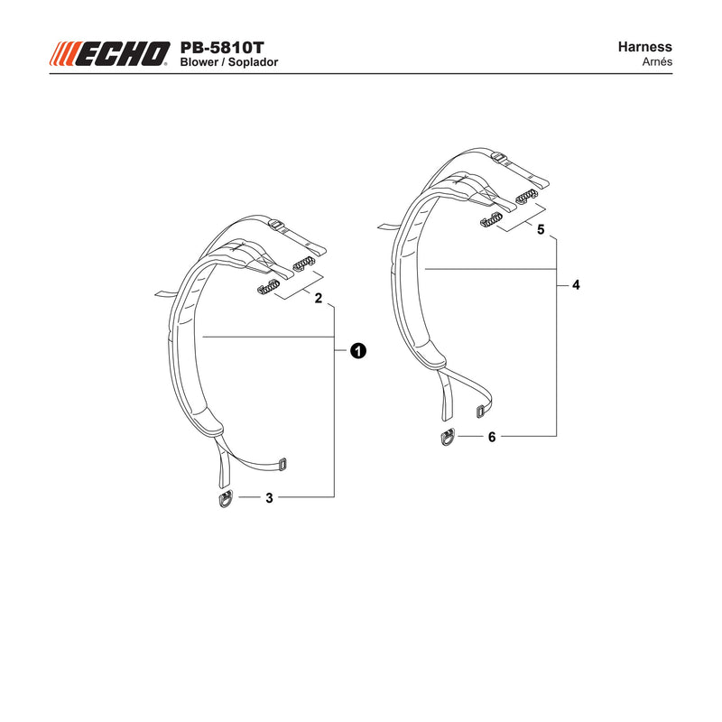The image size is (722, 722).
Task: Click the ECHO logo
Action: point(109,54)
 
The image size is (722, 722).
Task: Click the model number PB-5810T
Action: point(222,48)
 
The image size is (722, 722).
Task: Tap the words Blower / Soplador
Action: point(229,62)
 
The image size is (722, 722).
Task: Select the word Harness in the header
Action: point(644,47)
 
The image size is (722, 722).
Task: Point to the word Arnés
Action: point(657,61)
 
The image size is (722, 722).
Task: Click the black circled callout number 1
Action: point(357,351)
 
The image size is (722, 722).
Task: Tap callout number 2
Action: point(319,299)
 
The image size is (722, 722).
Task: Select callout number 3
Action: point(269,498)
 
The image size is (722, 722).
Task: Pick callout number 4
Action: point(576,285)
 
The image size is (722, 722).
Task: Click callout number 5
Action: point(541,229)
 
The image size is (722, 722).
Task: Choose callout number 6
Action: point(492,437)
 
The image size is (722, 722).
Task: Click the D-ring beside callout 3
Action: point(226,499)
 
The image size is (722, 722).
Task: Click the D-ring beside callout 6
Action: point(448,438)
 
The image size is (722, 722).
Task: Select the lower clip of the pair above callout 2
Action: point(267,287)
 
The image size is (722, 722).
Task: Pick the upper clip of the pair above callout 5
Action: point(526,196)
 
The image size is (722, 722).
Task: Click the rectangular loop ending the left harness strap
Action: point(282,464)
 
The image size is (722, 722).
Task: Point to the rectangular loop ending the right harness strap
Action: point(481,411)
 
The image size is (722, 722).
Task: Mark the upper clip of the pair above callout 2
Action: point(304,264)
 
